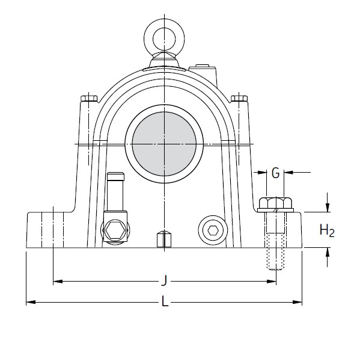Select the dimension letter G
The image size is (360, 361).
275,174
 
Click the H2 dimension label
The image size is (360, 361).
327,230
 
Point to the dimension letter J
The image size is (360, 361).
163,281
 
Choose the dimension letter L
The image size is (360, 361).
165,303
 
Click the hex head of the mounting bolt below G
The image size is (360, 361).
275,203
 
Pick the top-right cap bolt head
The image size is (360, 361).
240,97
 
